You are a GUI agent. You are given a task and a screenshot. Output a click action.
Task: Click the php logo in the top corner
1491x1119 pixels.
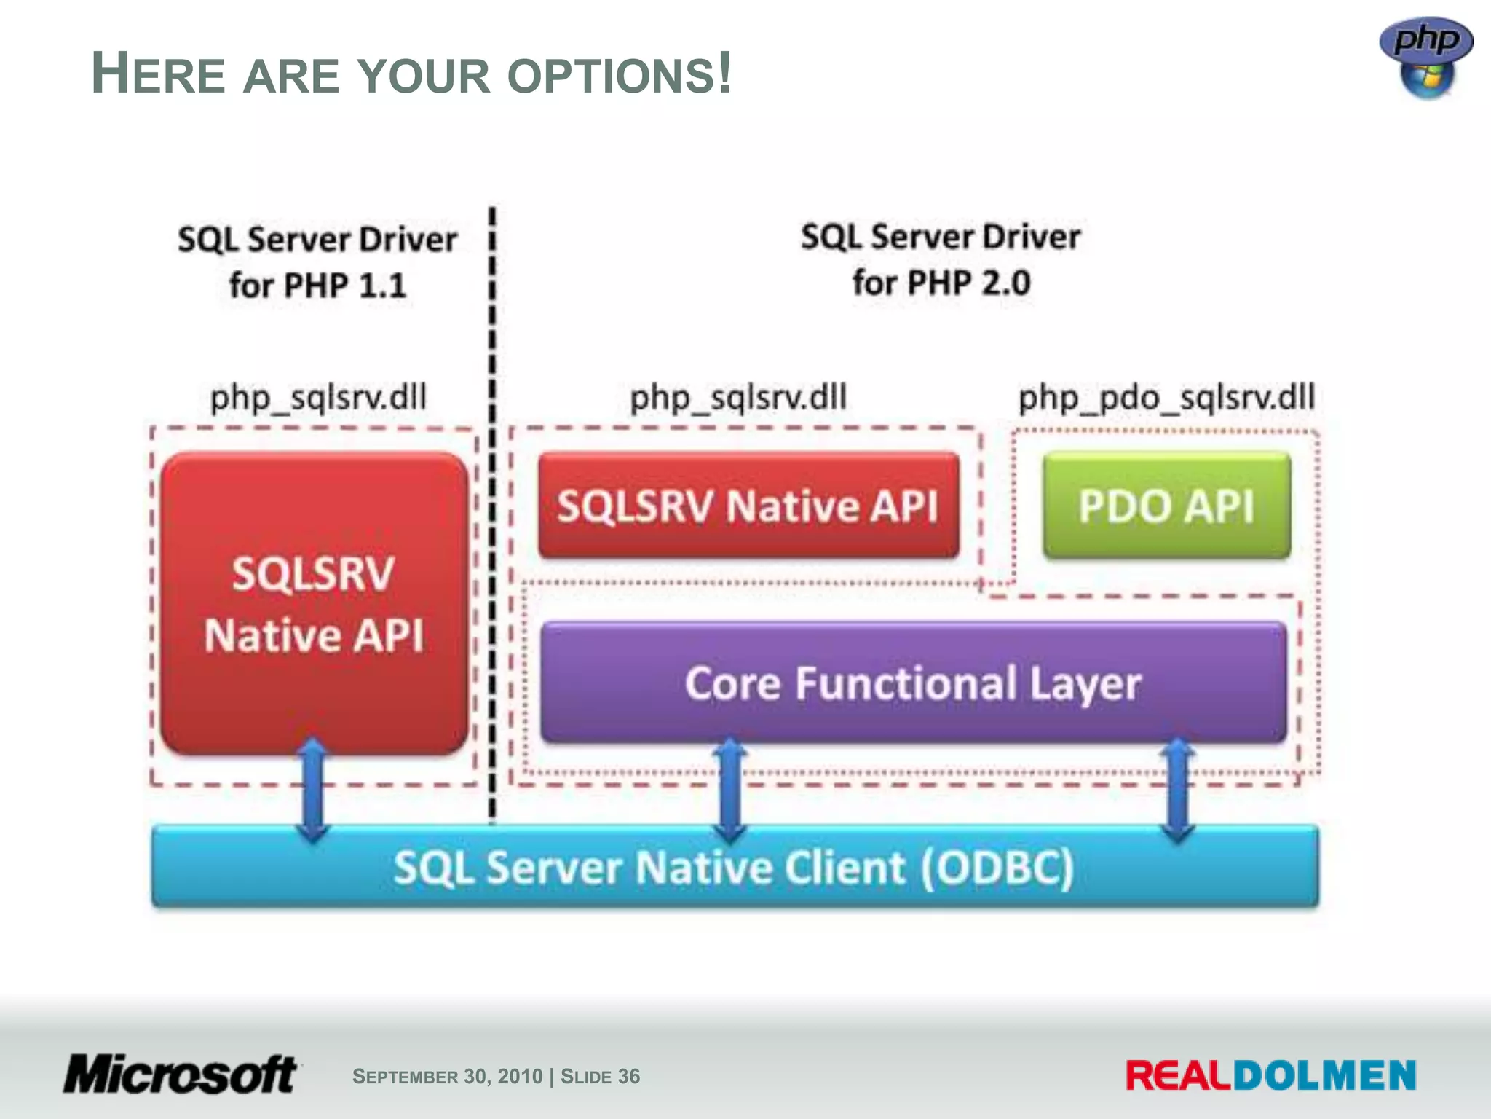click(x=1425, y=57)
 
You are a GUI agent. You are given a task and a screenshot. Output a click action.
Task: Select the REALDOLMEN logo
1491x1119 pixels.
click(x=1270, y=1076)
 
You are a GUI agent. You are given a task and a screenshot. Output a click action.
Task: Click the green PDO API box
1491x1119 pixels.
click(x=1166, y=506)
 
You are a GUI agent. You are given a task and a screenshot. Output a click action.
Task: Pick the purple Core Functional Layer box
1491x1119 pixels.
click(x=913, y=683)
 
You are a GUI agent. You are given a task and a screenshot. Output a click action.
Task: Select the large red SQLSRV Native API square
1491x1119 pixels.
click(x=314, y=603)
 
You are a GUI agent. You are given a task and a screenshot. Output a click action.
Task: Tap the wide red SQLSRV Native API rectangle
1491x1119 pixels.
click(x=748, y=506)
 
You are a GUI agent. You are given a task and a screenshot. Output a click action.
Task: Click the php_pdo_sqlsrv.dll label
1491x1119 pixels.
click(x=1166, y=398)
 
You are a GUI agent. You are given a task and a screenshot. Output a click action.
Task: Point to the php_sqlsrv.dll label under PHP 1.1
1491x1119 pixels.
click(x=318, y=398)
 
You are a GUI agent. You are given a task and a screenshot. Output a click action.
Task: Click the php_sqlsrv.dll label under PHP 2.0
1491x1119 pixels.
click(x=738, y=398)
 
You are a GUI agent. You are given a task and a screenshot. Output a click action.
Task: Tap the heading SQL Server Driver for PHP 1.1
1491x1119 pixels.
click(x=317, y=262)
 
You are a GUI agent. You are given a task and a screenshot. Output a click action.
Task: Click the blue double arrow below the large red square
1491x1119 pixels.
click(x=313, y=790)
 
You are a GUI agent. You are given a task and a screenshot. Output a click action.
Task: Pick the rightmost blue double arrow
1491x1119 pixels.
click(x=1177, y=790)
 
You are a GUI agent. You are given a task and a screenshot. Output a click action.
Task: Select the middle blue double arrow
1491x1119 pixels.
click(x=730, y=790)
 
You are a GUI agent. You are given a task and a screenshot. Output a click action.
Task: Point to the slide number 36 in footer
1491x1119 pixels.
click(x=628, y=1076)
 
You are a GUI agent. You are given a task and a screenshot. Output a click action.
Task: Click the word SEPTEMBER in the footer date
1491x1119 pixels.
click(x=406, y=1077)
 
